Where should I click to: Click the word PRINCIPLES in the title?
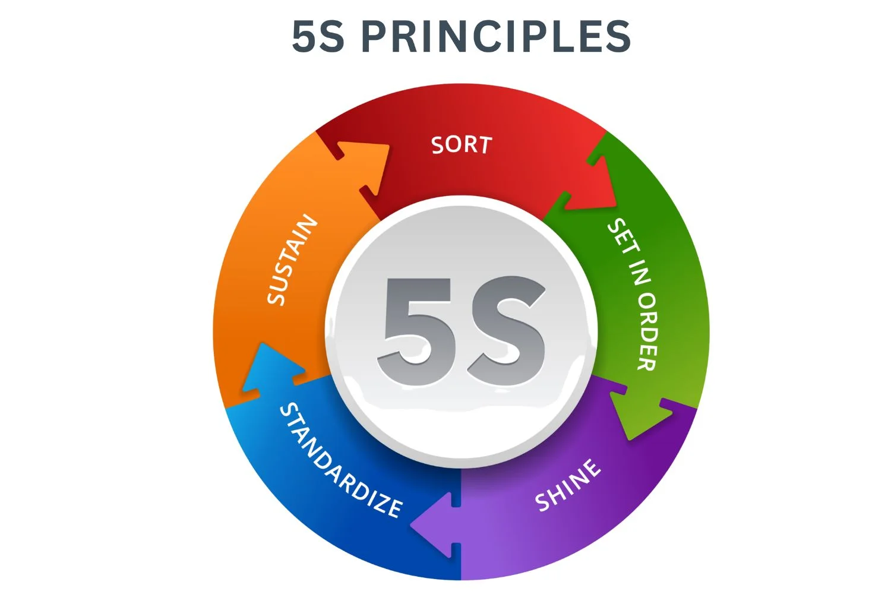point(496,36)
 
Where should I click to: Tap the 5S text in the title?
point(318,36)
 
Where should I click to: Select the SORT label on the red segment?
point(462,145)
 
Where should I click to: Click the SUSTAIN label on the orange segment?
point(292,260)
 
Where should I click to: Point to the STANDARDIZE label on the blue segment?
point(340,460)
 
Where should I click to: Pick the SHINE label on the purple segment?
point(567,485)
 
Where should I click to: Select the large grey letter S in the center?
point(506,331)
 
